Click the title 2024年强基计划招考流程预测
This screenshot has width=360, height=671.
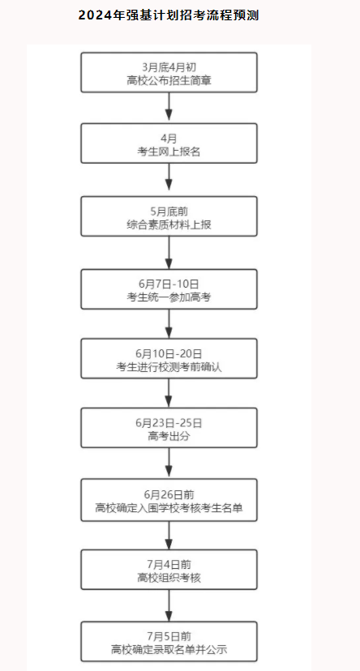pyautogui.click(x=169, y=16)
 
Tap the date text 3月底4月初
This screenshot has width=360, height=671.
pyautogui.click(x=169, y=67)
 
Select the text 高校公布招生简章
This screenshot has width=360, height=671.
pyautogui.click(x=169, y=80)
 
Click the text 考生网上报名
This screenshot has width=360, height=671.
pyautogui.click(x=169, y=152)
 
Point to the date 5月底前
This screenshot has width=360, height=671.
pyautogui.click(x=169, y=212)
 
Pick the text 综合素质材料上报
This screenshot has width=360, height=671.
pyautogui.click(x=169, y=224)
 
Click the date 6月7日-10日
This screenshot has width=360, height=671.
pyautogui.click(x=169, y=284)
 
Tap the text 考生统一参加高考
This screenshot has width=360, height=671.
pyautogui.click(x=169, y=297)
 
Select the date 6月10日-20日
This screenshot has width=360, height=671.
pyautogui.click(x=169, y=354)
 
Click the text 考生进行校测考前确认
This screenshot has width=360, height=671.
pyautogui.click(x=169, y=367)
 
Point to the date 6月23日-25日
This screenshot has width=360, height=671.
pyautogui.click(x=169, y=423)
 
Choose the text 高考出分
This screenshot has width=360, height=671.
pyautogui.click(x=169, y=436)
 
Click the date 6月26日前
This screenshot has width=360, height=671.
pyautogui.click(x=169, y=494)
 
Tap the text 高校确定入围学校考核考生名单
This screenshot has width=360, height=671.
pyautogui.click(x=169, y=508)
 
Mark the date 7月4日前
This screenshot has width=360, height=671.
pyautogui.click(x=169, y=565)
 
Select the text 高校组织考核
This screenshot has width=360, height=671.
pyautogui.click(x=169, y=578)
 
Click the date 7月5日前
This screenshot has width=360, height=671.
pyautogui.click(x=169, y=636)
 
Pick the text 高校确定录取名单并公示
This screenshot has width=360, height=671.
pyautogui.click(x=169, y=649)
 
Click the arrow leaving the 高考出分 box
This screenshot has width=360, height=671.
pyautogui.click(x=169, y=463)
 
